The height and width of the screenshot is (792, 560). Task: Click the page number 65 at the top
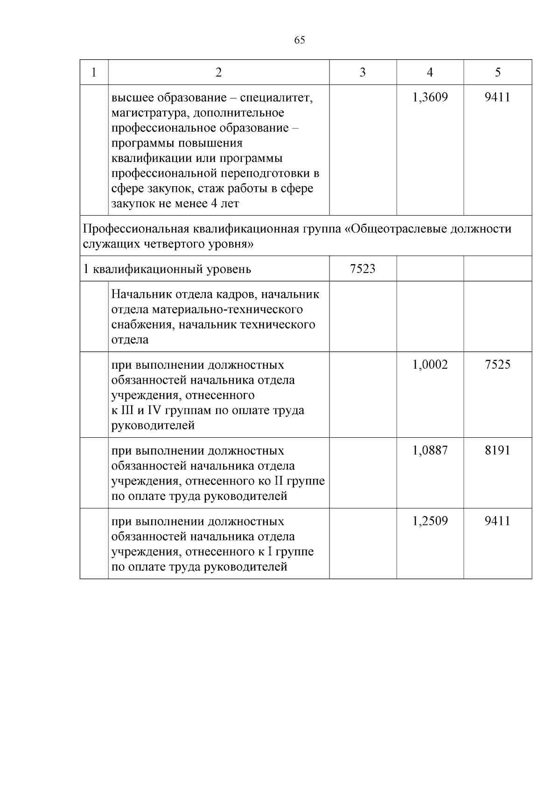pos(300,40)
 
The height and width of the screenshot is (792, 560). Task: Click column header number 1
pos(94,72)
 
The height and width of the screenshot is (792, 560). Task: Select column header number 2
pos(218,72)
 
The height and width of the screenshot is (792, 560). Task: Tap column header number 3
pos(363,72)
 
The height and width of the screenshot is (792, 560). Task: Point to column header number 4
pos(430,72)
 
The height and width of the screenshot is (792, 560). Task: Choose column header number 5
pos(497,72)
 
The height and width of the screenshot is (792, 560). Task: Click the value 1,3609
pos(430,98)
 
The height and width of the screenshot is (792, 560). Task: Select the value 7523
pos(363,269)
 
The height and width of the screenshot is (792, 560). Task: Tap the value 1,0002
pos(430,364)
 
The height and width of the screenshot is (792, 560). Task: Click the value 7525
pos(497,364)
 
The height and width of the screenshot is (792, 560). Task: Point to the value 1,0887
pos(430,450)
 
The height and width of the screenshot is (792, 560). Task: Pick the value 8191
pos(497,450)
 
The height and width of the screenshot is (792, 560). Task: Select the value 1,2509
pos(430,521)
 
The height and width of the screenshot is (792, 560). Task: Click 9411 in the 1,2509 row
pos(497,521)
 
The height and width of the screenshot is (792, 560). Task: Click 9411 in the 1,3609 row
pos(497,98)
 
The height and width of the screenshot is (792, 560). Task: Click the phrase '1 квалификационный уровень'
pos(167,269)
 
